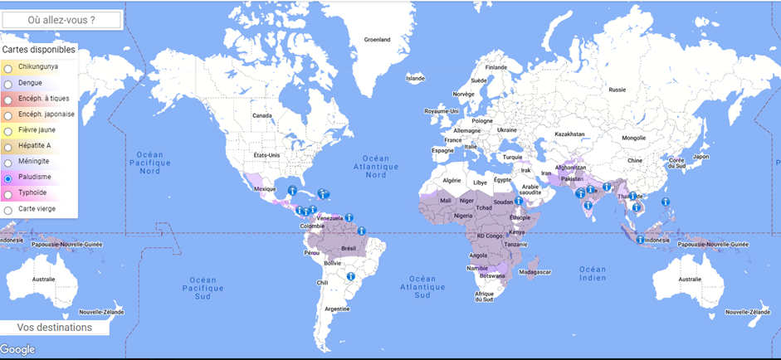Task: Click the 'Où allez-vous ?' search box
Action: click(x=62, y=19)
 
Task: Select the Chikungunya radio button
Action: click(x=7, y=68)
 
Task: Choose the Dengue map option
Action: click(x=7, y=84)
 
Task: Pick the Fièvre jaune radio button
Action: click(x=7, y=131)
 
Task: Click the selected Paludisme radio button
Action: click(x=7, y=178)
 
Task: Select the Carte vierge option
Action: click(x=7, y=210)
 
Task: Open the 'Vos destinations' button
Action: click(x=55, y=328)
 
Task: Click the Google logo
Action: click(x=17, y=350)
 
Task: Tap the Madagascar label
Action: click(x=534, y=272)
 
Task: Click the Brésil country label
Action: click(x=349, y=248)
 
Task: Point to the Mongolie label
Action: click(x=633, y=138)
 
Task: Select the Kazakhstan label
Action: click(x=569, y=134)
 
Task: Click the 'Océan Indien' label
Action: click(x=593, y=274)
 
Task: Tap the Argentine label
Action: click(x=337, y=309)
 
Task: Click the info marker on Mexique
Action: click(x=292, y=191)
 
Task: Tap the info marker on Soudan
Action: click(x=519, y=200)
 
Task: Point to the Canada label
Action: click(x=262, y=115)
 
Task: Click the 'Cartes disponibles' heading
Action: click(x=39, y=50)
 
